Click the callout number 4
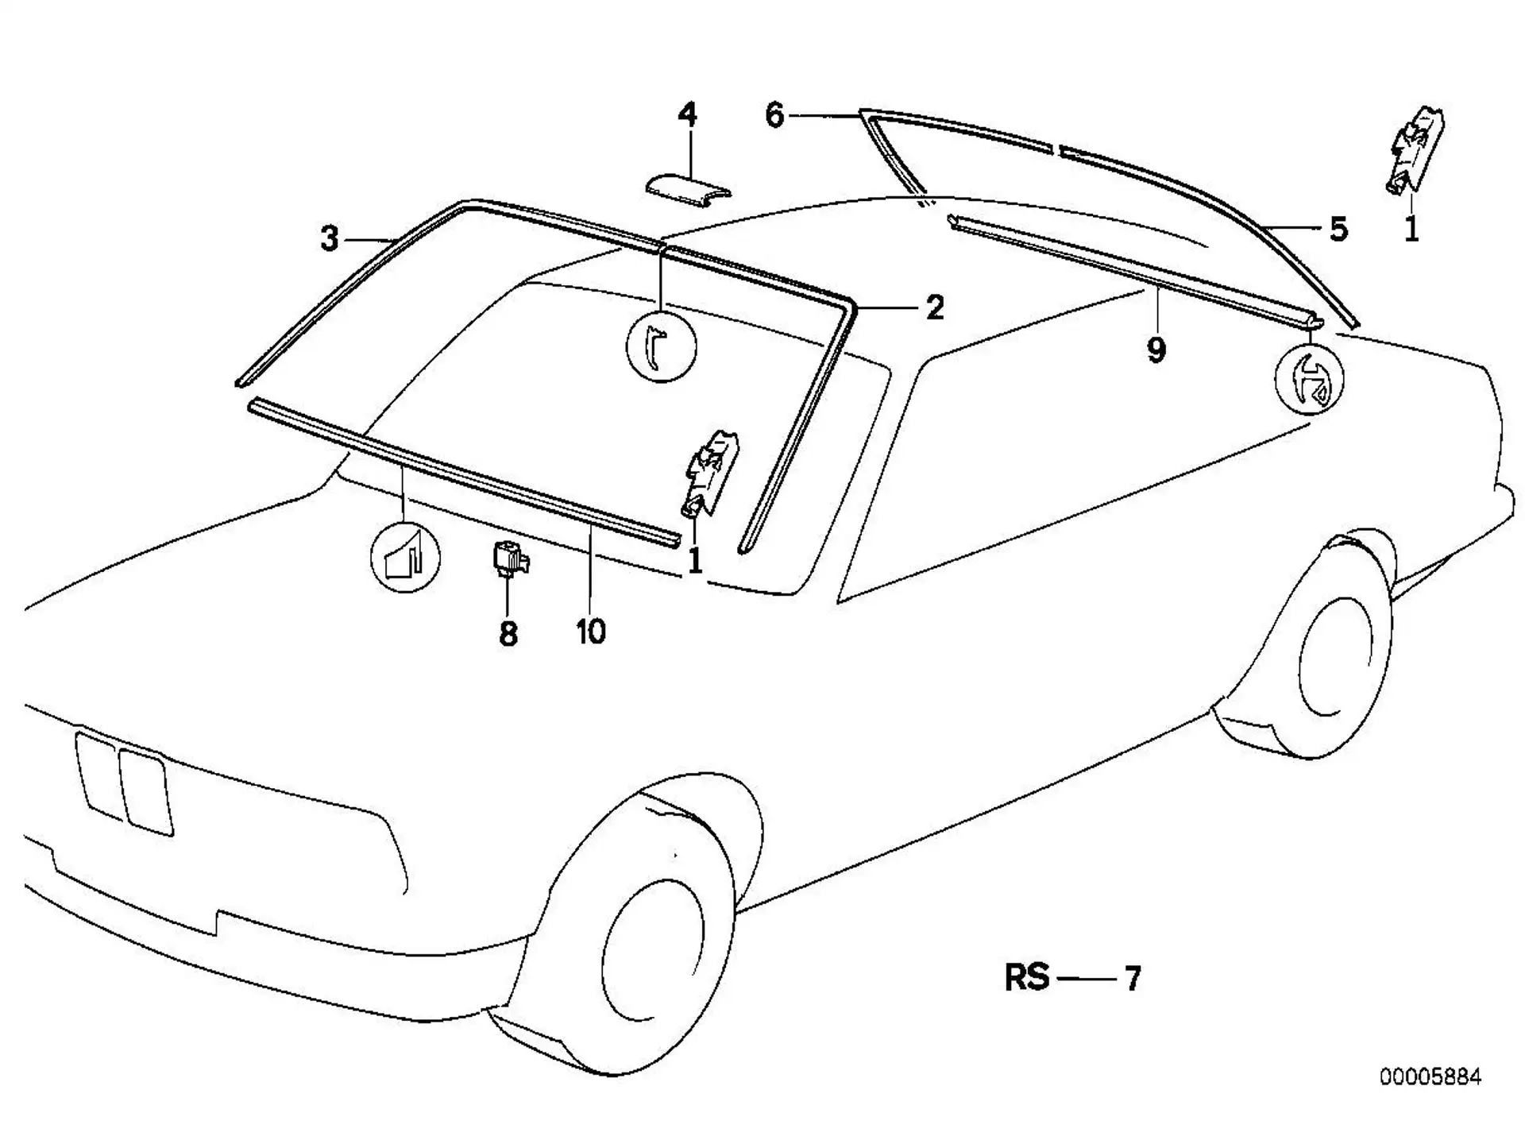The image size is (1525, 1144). coord(688,115)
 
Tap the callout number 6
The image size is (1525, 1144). coord(774,115)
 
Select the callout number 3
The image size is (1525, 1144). coord(330,238)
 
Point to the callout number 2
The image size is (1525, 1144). coord(935,307)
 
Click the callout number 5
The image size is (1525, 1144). coord(1339,229)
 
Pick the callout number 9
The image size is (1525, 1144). coord(1156,350)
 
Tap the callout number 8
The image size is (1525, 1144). coord(508,634)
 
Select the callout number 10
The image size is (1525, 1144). coord(591,632)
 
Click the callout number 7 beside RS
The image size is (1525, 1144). coord(1133,978)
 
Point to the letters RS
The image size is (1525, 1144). coord(1027,978)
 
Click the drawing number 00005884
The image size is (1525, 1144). coord(1430,1077)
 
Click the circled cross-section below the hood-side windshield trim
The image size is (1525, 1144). coord(406,557)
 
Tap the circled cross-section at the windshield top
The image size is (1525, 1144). coord(661,346)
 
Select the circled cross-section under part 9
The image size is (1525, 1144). coord(1309,379)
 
